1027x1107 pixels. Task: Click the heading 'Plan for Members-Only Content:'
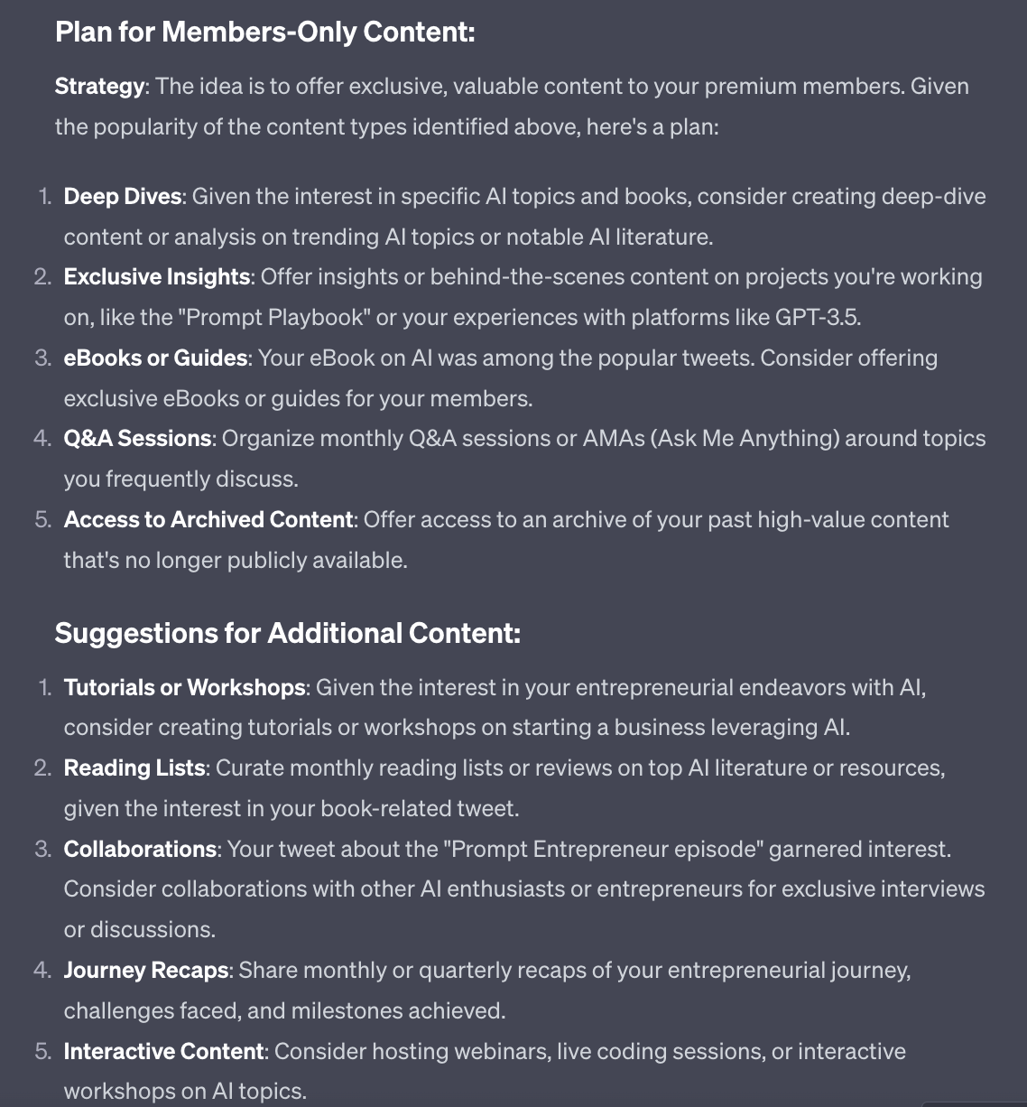tap(264, 33)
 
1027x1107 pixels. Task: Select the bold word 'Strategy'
tap(99, 87)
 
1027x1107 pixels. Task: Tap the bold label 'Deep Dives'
tap(123, 197)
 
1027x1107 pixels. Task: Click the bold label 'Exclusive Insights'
tap(156, 277)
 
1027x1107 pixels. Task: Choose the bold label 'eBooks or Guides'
tap(155, 358)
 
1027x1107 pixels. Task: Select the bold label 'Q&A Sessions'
tap(137, 439)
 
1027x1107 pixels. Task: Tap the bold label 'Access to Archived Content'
tap(208, 520)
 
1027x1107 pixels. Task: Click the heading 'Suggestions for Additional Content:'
tap(287, 633)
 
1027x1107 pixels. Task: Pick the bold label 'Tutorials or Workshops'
tap(184, 688)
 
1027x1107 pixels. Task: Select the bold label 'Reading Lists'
tap(134, 768)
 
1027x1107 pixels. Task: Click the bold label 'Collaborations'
tap(140, 850)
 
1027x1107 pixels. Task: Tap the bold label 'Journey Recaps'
tap(145, 971)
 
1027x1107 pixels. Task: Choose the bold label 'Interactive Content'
tap(163, 1052)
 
